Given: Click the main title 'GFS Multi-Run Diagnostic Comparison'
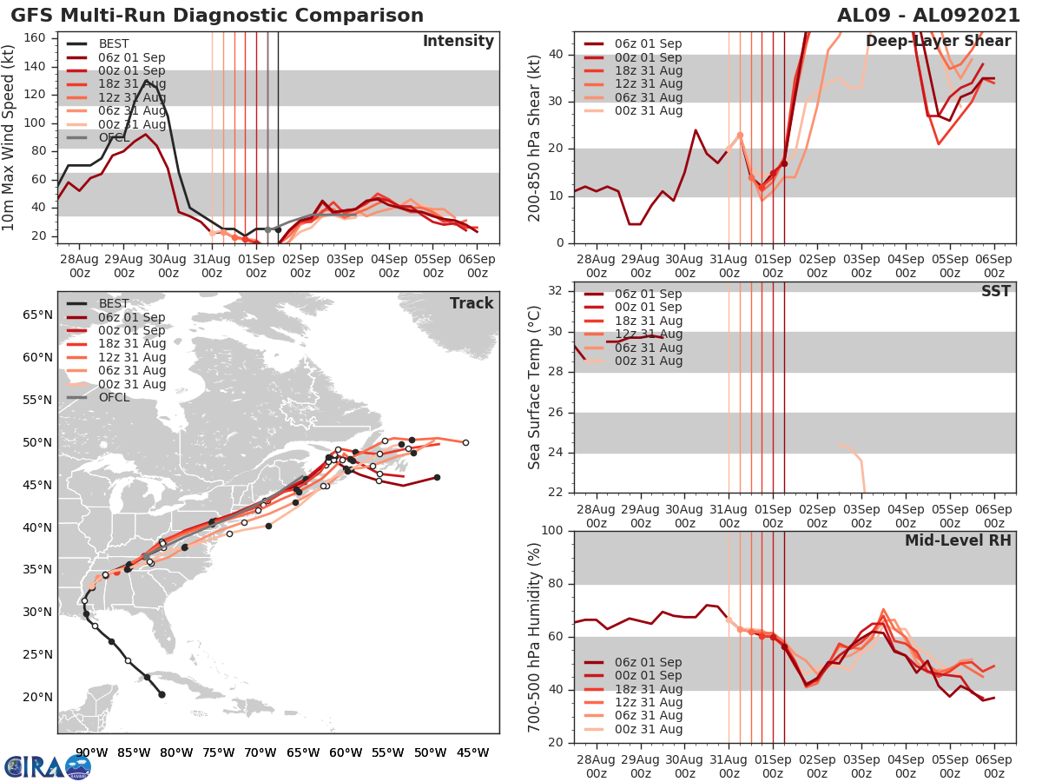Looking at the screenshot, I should [x=218, y=16].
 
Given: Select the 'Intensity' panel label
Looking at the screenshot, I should [x=458, y=42].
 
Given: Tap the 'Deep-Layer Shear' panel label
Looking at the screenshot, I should [x=938, y=42].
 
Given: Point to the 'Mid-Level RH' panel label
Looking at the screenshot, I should [x=958, y=540].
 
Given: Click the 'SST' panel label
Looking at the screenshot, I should [x=996, y=291].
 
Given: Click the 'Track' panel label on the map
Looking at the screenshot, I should [x=472, y=303].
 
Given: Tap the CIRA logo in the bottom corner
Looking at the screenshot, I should [x=47, y=767].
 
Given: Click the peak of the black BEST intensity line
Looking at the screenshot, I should [x=146, y=80].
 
